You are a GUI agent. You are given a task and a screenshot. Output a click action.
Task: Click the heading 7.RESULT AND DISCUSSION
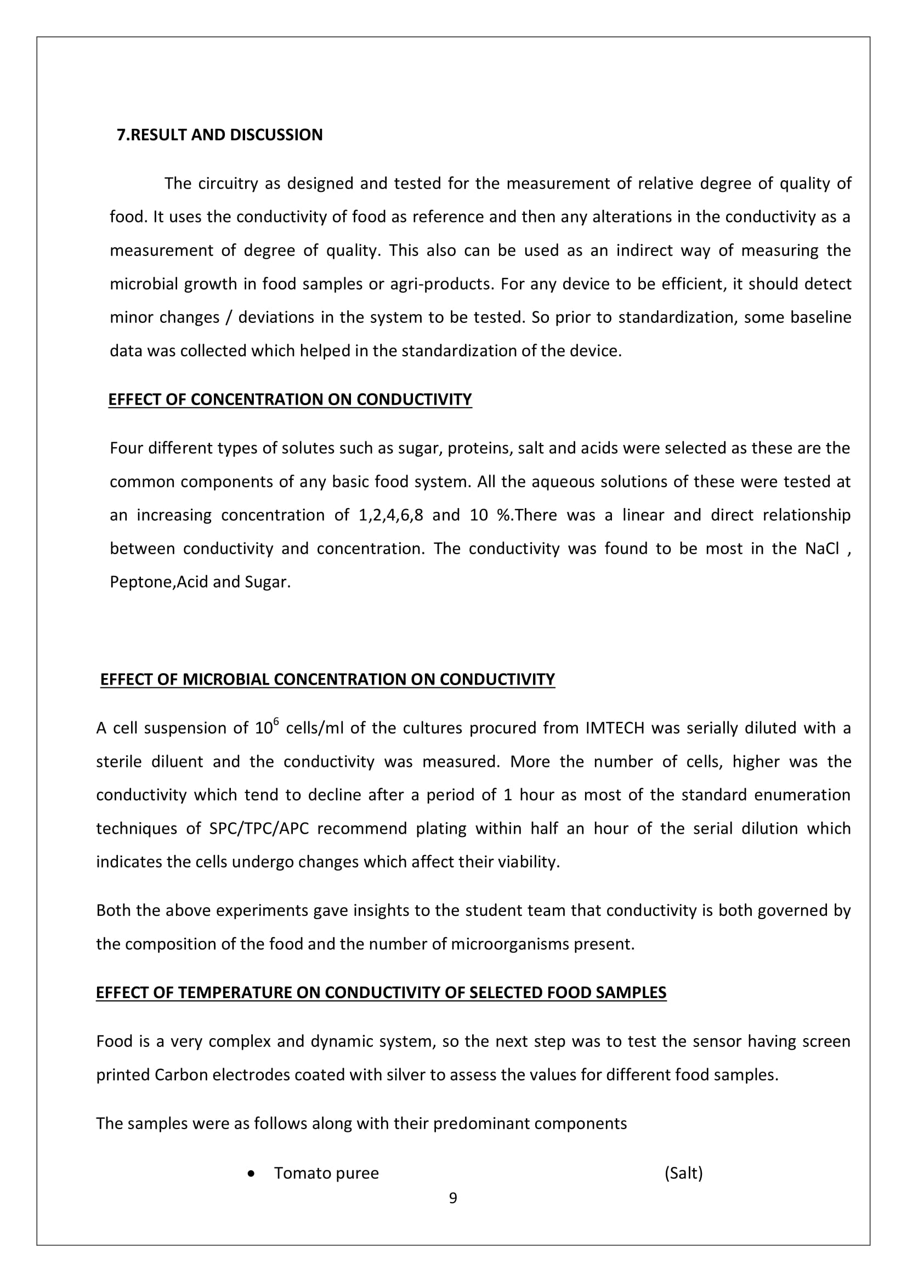pos(219,135)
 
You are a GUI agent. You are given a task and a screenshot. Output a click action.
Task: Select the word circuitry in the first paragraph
pos(228,183)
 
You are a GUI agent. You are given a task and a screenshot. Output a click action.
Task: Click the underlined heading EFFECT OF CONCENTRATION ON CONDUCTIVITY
pos(290,399)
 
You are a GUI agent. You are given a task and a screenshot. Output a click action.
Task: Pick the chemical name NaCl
pos(821,548)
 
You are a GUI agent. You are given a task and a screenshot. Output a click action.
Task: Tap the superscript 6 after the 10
pos(276,721)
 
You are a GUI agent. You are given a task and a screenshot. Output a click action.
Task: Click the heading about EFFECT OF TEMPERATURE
pos(381,993)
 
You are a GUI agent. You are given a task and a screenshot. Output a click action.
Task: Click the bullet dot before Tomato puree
pos(251,1173)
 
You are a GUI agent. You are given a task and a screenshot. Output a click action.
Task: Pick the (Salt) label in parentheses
pos(683,1173)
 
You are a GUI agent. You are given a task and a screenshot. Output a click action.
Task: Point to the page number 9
pos(453,1198)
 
